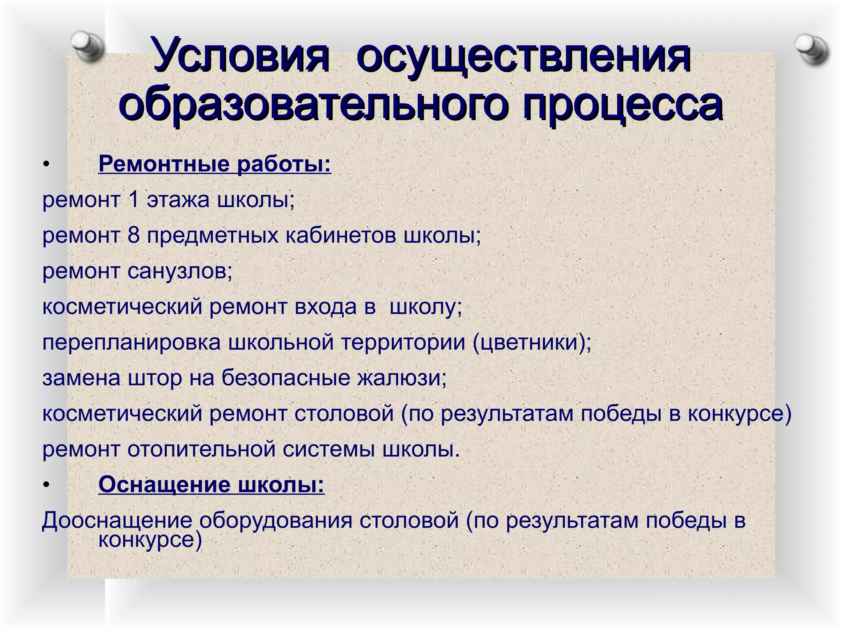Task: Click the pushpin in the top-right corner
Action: point(811,50)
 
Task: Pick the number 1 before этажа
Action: point(133,200)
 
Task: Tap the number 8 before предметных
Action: point(134,235)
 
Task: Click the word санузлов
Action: point(179,272)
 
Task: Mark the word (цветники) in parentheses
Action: point(532,343)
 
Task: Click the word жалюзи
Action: point(402,378)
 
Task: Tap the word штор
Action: point(155,378)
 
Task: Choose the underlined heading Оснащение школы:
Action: point(211,484)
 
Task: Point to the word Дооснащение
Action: point(117,521)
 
